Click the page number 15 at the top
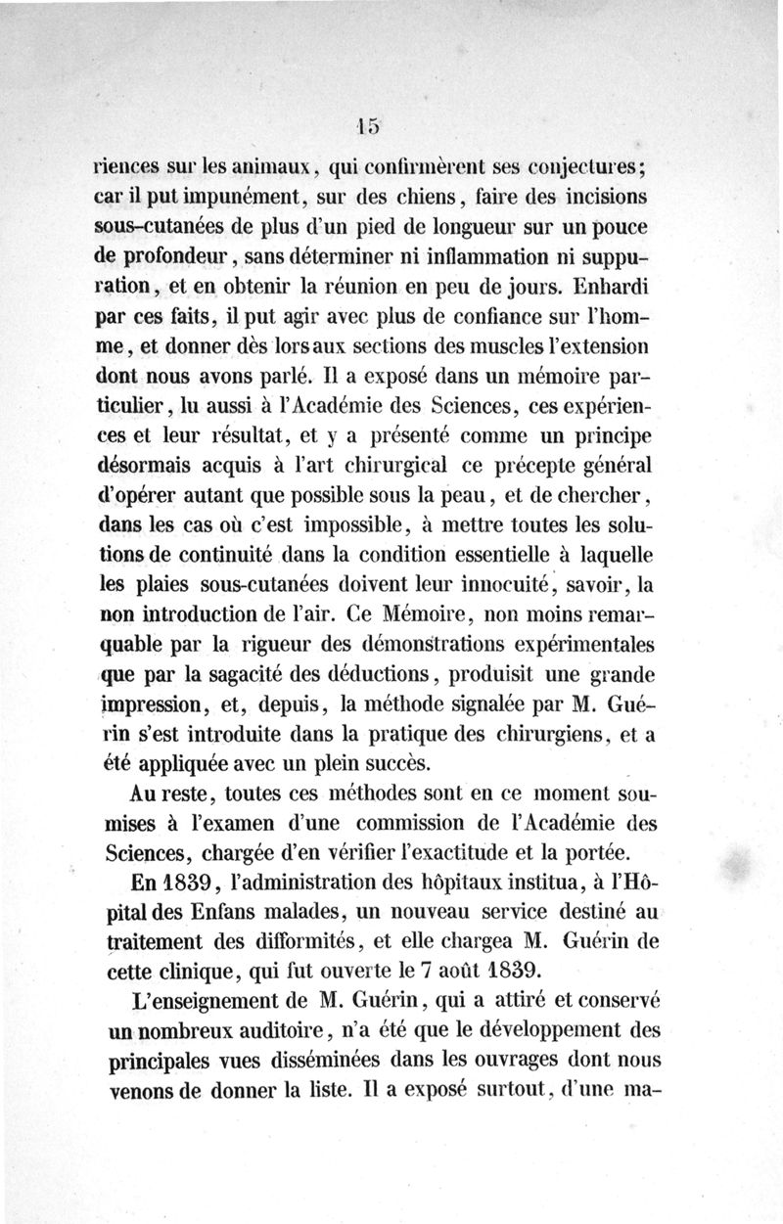coord(369,125)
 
